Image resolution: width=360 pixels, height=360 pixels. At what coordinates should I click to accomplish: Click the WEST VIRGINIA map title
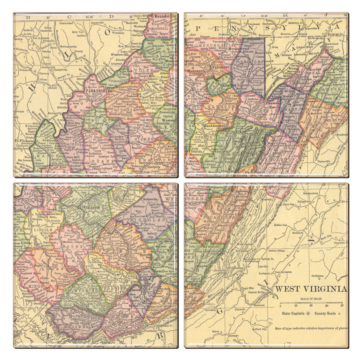click(311, 289)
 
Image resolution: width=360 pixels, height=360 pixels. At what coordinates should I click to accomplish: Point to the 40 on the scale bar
click(341, 305)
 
